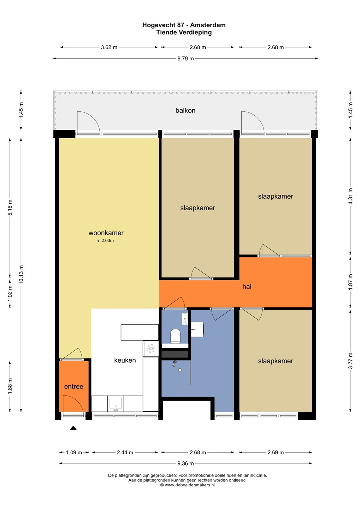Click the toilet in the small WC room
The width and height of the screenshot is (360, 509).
(175, 336)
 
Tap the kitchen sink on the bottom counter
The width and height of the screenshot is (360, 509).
(116, 404)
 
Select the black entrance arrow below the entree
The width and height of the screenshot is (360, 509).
(73, 428)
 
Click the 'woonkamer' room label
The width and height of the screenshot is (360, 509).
(106, 233)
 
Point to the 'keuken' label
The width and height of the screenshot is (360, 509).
(125, 360)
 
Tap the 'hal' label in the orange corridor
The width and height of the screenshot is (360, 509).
(247, 287)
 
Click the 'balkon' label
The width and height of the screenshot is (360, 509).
(185, 110)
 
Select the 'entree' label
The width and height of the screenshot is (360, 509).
(73, 387)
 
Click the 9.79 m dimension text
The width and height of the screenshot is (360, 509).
(185, 59)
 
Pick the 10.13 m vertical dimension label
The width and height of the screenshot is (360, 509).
(21, 274)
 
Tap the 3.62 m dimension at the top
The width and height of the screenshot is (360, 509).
(109, 47)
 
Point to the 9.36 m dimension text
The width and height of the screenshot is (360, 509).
(185, 463)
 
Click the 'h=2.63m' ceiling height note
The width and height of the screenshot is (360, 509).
(105, 240)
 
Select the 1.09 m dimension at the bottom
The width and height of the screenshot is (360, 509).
(74, 452)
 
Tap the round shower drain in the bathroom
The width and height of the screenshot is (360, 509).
(180, 370)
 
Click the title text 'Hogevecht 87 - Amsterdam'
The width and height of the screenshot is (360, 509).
(184, 25)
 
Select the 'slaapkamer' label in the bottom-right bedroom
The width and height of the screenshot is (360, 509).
(276, 361)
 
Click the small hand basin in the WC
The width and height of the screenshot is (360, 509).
(185, 319)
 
